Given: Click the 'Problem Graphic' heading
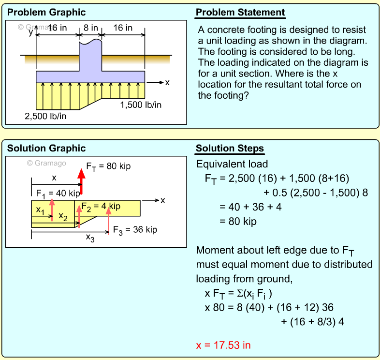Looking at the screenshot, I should click(46, 13).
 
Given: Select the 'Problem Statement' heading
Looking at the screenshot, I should click(240, 13).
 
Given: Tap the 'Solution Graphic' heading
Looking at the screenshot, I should click(46, 149).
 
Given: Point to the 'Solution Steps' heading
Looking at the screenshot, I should click(230, 149).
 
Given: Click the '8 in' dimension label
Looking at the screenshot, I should click(90, 28).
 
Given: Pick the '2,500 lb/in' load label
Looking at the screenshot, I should click(46, 116).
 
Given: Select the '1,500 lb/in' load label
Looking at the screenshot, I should click(141, 105).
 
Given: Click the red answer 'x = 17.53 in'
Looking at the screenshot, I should click(223, 345).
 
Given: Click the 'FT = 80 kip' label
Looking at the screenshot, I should click(108, 167).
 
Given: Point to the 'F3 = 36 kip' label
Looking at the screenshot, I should click(135, 230).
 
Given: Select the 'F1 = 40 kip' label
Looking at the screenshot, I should click(58, 193).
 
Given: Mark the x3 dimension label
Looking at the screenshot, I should click(90, 238).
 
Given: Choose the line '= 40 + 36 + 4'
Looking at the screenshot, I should click(250, 207).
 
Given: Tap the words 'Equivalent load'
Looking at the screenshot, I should click(232, 164).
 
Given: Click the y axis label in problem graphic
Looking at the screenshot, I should click(30, 32).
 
